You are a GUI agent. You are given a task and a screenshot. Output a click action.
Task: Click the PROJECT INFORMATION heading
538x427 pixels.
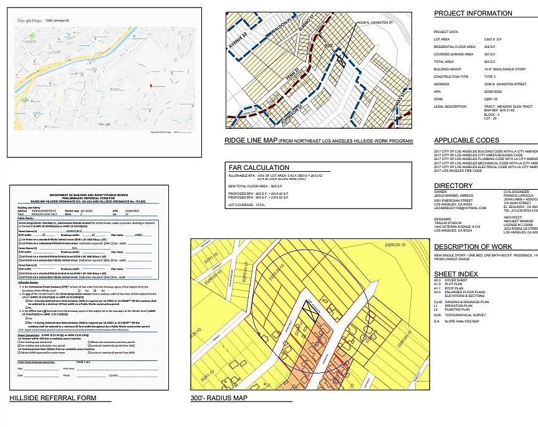click(x=473, y=13)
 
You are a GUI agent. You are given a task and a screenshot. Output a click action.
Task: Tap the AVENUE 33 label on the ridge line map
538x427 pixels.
click(x=239, y=42)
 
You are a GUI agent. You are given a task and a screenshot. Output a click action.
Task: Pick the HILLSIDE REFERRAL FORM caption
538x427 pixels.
click(x=52, y=398)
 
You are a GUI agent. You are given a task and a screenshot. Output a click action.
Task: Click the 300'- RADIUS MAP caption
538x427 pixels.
click(x=219, y=398)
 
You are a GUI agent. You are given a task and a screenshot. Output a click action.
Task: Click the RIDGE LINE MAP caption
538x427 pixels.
click(x=252, y=141)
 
